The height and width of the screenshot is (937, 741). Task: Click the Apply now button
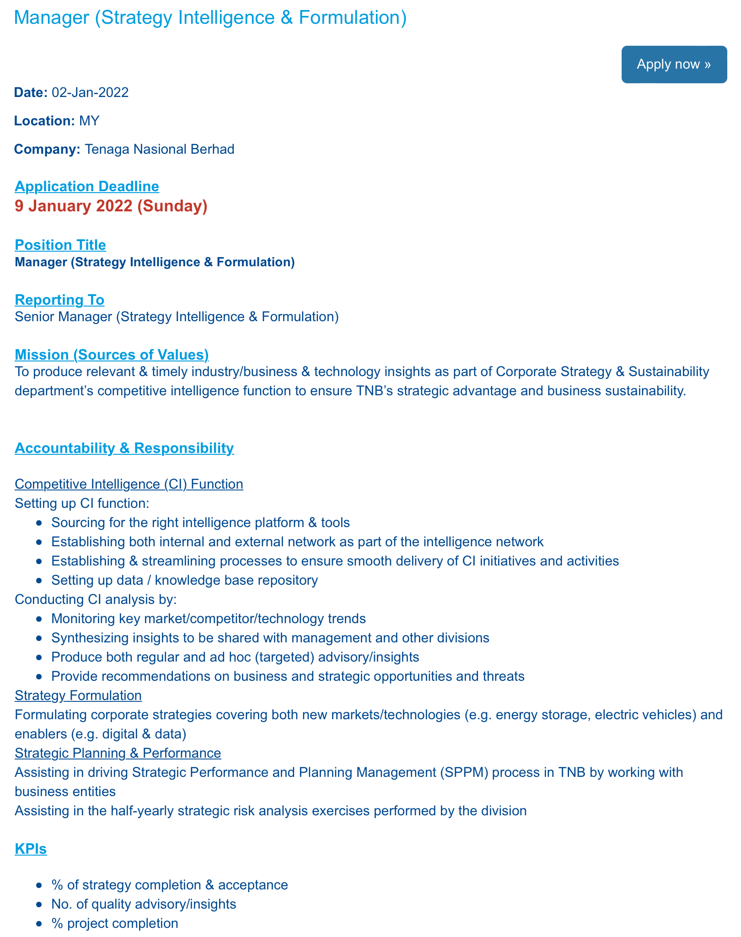674,65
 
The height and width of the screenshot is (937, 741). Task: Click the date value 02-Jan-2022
90,92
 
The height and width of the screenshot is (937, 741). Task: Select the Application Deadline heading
87,186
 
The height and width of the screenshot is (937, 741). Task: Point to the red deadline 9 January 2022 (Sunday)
111,206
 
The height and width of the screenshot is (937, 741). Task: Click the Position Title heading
60,245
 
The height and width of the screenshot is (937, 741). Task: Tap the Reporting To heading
59,300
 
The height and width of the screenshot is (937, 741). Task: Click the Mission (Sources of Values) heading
112,354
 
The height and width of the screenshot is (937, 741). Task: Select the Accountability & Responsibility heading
124,448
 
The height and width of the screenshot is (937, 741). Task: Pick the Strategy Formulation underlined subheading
78,695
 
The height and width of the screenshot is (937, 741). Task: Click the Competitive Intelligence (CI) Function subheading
129,484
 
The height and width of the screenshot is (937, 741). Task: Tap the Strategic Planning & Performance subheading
118,753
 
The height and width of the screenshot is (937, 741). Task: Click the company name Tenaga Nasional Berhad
160,149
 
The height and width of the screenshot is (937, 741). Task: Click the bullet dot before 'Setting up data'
40,581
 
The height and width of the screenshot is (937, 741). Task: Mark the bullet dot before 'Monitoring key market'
40,619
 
